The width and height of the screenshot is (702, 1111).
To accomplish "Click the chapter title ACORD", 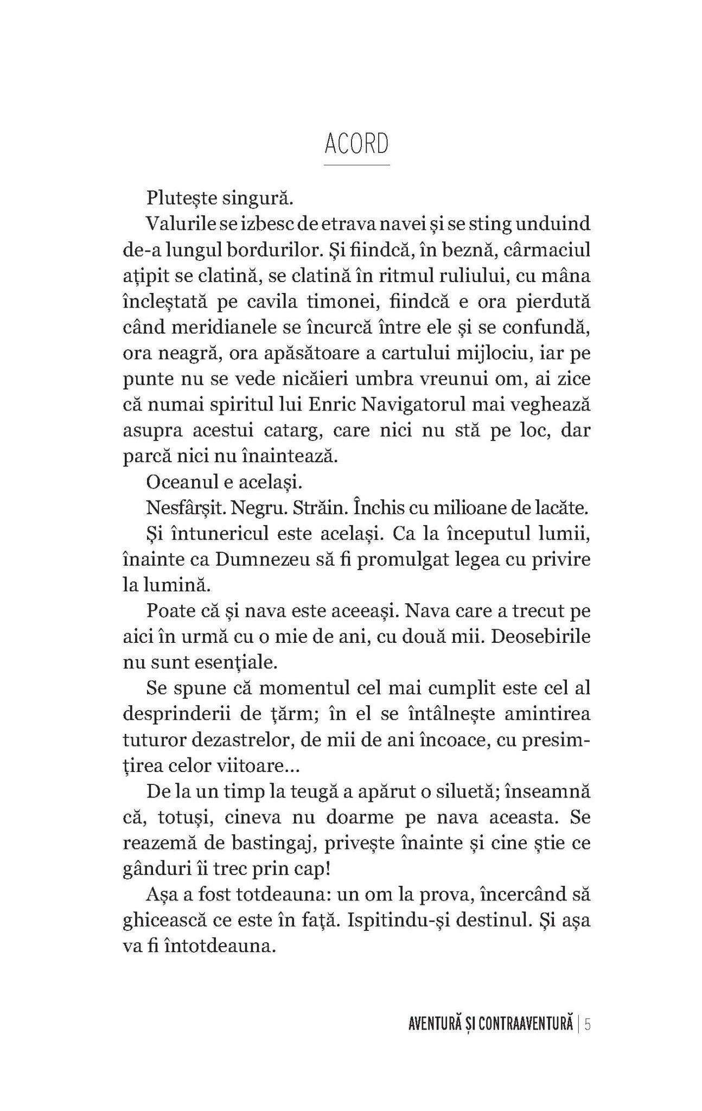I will click(356, 144).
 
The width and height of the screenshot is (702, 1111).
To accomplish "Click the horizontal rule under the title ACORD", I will click(356, 164).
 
